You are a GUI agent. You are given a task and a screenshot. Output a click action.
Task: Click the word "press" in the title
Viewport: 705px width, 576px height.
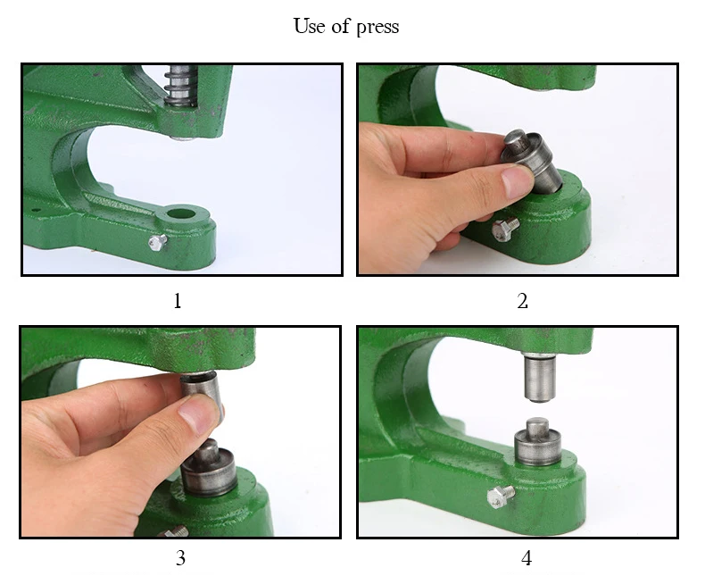coord(377,27)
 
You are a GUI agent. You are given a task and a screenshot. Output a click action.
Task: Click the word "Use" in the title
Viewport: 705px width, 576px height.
coord(310,26)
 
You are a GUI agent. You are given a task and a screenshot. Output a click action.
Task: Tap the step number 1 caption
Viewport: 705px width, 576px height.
coord(178,301)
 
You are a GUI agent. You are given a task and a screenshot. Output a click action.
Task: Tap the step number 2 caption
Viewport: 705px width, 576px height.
coord(522,301)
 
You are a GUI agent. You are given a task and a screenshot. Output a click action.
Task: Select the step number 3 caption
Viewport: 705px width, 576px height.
coord(180,558)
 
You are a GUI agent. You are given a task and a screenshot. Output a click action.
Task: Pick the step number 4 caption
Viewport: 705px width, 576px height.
coord(527,558)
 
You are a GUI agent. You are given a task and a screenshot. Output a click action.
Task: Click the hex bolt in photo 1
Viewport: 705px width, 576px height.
coord(158,242)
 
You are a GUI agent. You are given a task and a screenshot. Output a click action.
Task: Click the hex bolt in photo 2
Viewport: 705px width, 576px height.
coord(505,230)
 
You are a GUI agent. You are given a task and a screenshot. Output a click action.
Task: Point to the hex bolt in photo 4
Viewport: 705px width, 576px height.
coord(501,497)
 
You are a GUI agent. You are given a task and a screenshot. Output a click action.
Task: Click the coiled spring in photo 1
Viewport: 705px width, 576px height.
coord(181,86)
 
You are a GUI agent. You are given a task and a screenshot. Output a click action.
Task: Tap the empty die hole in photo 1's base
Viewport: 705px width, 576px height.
coord(181,213)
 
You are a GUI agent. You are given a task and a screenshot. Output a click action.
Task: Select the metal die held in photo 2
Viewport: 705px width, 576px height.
coord(534,161)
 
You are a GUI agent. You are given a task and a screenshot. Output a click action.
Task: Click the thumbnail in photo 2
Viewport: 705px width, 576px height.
coord(516,181)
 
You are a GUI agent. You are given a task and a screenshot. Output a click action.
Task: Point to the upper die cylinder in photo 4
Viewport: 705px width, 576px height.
coord(540,377)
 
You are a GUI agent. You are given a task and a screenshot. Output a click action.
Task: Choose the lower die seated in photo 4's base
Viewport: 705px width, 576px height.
coord(537,443)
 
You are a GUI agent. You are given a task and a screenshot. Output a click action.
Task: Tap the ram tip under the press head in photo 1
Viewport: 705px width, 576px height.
coord(183,138)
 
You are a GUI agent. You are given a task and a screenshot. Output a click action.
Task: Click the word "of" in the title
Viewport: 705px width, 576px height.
coord(340,26)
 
